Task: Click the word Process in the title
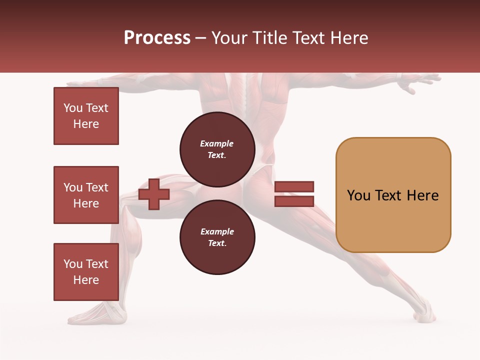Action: pos(157,37)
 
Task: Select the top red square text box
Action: pos(86,116)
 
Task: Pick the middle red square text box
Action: pos(86,195)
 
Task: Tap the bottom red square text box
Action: pos(86,272)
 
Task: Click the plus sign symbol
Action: pos(154,194)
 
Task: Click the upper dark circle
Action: pos(217,149)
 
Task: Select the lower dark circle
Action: pos(217,237)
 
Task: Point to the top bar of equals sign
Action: pos(294,186)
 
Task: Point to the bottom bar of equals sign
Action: pos(294,201)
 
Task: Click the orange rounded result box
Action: pos(393,195)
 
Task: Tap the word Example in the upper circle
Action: pos(217,143)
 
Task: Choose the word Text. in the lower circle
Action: pos(217,243)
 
